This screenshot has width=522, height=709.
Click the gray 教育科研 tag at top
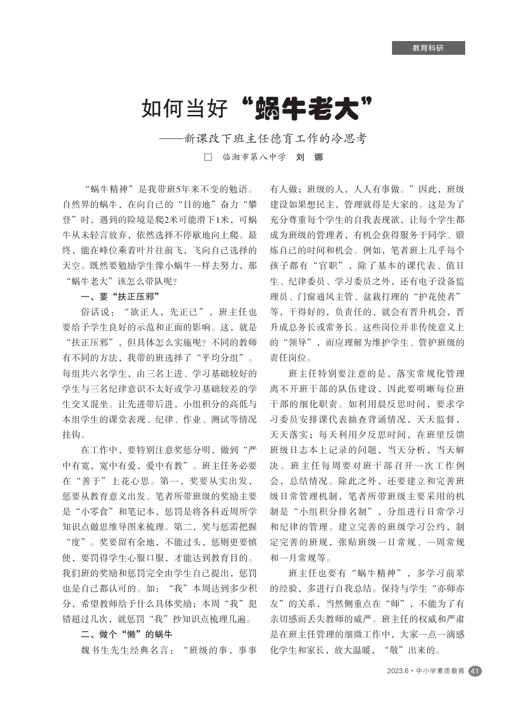[x=428, y=48]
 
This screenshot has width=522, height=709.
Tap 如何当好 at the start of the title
[x=185, y=109]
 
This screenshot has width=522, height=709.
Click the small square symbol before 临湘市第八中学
[x=208, y=157]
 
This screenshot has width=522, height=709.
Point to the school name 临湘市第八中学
[x=254, y=157]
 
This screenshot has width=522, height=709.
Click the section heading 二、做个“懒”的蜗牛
[x=126, y=634]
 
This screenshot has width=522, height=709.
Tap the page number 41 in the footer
[x=475, y=671]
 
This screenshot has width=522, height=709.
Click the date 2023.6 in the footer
[x=398, y=671]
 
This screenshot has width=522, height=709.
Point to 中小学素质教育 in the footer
[x=440, y=671]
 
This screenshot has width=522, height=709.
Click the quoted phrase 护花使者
[x=438, y=297]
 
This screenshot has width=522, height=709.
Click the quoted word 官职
[x=333, y=266]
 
